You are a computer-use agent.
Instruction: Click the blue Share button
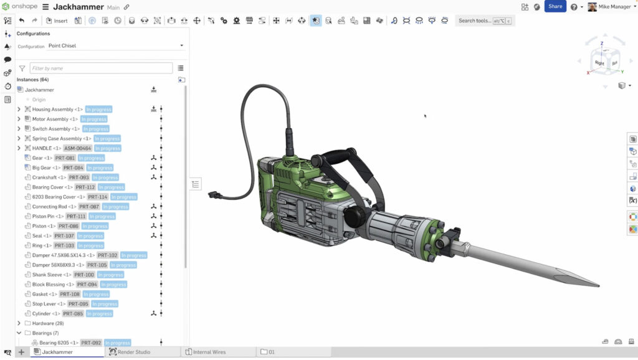click(555, 6)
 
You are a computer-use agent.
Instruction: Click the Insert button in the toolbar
click(57, 21)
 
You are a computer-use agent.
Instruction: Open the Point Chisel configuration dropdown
click(116, 45)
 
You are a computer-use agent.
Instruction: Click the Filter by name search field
click(101, 68)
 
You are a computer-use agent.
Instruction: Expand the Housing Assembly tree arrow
click(19, 110)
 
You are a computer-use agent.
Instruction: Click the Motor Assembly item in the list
click(50, 119)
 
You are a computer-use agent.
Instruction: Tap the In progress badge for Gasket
click(96, 294)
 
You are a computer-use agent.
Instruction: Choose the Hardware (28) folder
click(47, 323)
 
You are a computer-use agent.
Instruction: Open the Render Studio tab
click(134, 352)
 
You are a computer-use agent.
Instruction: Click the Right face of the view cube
click(599, 63)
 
